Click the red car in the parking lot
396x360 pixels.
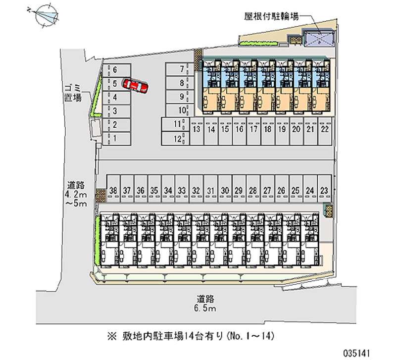(135, 85)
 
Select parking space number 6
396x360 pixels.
(116, 70)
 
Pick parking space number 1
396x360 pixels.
(116, 139)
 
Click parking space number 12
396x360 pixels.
(176, 139)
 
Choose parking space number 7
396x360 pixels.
(180, 69)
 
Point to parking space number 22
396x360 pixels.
(325, 131)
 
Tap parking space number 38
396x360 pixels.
(113, 189)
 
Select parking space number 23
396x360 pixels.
(324, 189)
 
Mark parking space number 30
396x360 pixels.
(225, 189)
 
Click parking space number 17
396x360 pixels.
(254, 131)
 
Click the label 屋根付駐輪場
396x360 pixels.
(271, 17)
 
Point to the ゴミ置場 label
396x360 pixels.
(73, 93)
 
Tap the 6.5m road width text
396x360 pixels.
(205, 309)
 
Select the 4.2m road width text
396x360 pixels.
(76, 195)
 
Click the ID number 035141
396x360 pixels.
(356, 353)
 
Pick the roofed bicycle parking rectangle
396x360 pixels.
(319, 39)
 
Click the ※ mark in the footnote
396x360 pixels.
(112, 336)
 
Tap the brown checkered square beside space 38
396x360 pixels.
(100, 196)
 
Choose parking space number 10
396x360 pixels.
(180, 110)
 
